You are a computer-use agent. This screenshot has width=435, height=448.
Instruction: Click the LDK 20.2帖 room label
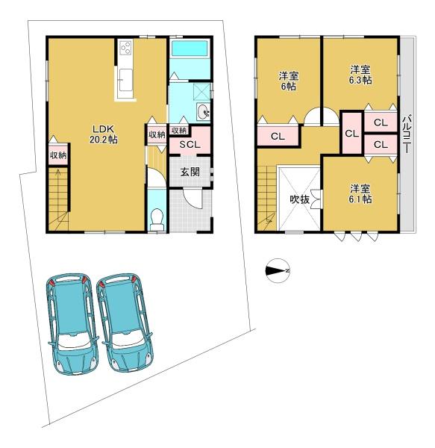pyautogui.click(x=103, y=134)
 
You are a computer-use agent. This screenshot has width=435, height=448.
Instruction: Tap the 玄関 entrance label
pyautogui.click(x=190, y=172)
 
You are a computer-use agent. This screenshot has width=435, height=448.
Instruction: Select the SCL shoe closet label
pyautogui.click(x=190, y=145)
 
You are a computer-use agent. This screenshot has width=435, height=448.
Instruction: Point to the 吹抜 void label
pyautogui.click(x=299, y=199)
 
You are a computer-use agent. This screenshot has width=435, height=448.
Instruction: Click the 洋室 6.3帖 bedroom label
pyautogui.click(x=360, y=75)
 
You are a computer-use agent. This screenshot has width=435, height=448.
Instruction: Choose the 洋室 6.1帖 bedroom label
pyautogui.click(x=360, y=194)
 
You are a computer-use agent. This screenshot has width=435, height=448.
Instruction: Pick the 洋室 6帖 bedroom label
pyautogui.click(x=289, y=81)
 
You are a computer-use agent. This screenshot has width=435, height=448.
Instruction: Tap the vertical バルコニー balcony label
pyautogui.click(x=407, y=134)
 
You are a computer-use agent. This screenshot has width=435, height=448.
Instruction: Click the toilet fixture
pyautogui.click(x=157, y=218)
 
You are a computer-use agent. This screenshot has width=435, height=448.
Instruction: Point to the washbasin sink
pyautogui.click(x=203, y=111)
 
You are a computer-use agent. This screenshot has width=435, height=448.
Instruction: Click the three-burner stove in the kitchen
pyautogui.click(x=125, y=47)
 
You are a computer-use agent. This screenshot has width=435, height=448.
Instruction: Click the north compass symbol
pyautogui.click(x=278, y=270)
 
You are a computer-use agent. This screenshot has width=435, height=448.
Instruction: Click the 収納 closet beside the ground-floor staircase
pyautogui.click(x=58, y=155)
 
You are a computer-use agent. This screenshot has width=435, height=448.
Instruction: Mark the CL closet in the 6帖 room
pyautogui.click(x=278, y=137)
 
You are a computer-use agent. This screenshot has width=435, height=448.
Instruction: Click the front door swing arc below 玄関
pyautogui.click(x=192, y=200)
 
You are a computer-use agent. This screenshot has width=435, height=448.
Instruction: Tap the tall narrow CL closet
pyautogui.click(x=351, y=133)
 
